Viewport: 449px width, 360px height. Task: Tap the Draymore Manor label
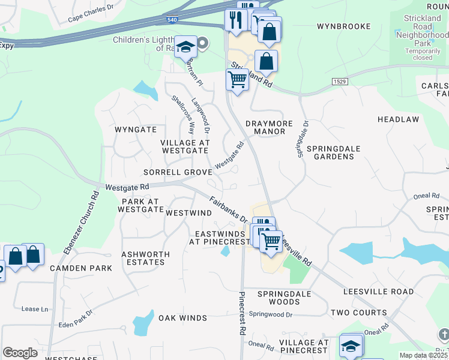click(x=269, y=128)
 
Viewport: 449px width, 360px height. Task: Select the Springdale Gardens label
click(x=331, y=152)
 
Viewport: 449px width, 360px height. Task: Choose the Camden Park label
click(x=81, y=268)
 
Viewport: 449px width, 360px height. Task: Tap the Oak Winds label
click(x=182, y=318)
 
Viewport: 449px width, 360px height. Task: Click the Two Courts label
click(x=358, y=313)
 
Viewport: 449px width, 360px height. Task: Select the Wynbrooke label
click(x=341, y=27)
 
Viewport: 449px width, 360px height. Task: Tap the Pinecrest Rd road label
click(x=242, y=313)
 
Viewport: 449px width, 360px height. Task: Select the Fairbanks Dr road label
click(x=229, y=209)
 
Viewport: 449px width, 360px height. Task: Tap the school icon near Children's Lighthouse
click(x=186, y=47)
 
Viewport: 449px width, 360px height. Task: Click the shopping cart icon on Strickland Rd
click(x=237, y=79)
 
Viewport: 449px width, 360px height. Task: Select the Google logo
click(x=20, y=353)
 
